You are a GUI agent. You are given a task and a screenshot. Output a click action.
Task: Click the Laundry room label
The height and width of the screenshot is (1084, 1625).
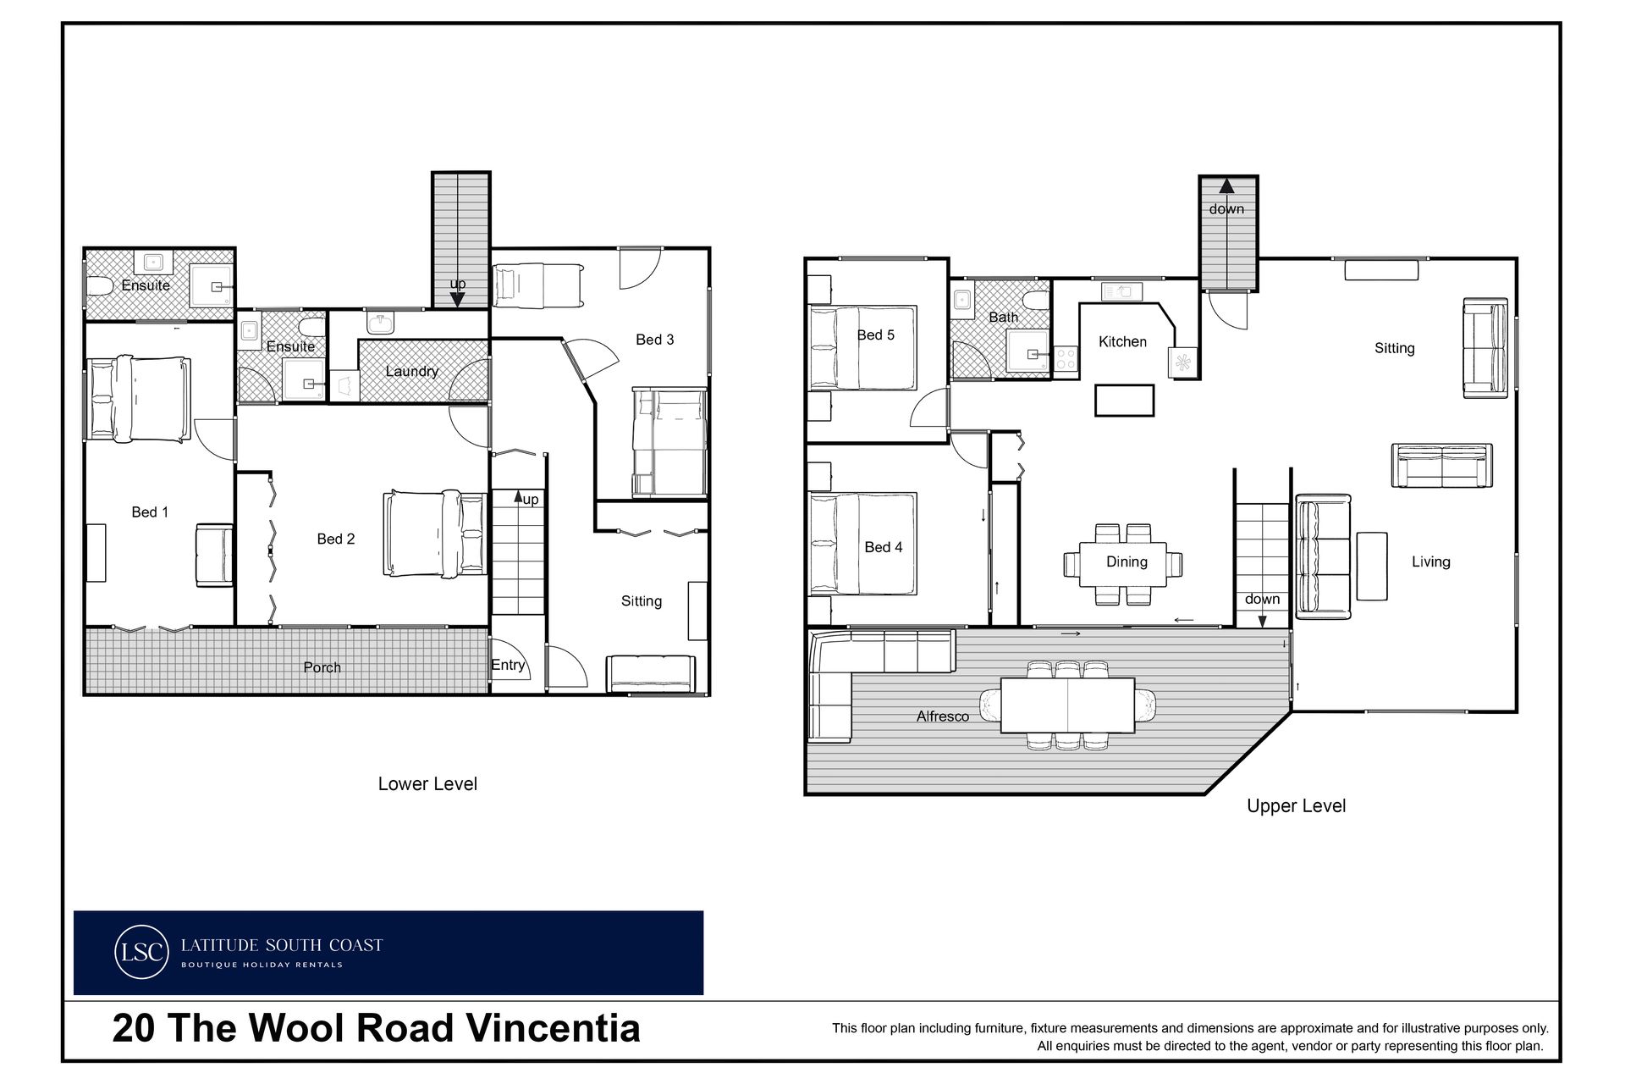(x=411, y=371)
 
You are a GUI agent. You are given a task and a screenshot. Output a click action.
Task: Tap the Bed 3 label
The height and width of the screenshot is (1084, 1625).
(x=654, y=340)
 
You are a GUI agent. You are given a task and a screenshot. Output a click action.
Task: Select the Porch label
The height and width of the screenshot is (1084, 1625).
(x=322, y=667)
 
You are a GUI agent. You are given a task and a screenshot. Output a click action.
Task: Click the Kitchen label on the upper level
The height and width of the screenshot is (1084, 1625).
(x=1122, y=341)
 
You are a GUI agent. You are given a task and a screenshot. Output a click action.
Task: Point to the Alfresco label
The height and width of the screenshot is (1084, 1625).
(x=942, y=716)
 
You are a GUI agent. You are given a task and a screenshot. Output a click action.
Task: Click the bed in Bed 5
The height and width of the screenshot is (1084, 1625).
(x=863, y=348)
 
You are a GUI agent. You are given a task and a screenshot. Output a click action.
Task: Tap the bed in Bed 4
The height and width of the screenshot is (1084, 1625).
(x=863, y=544)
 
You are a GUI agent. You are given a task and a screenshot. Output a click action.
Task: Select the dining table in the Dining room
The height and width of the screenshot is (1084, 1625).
(x=1122, y=564)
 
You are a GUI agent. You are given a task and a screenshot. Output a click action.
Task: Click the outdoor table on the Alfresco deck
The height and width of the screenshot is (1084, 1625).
(x=1067, y=705)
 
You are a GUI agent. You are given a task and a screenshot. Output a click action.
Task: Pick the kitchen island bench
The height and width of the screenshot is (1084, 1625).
(x=1124, y=400)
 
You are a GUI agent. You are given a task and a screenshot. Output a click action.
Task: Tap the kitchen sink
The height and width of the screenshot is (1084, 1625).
(x=1121, y=291)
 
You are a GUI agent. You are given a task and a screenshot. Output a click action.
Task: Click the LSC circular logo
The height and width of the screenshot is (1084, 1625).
(x=140, y=952)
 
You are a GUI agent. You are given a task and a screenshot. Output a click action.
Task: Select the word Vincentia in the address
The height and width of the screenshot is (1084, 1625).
(x=554, y=1028)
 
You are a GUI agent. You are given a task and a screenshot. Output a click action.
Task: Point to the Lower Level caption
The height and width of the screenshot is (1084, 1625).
(x=427, y=784)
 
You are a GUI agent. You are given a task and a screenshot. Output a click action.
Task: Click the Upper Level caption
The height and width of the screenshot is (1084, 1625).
(x=1296, y=806)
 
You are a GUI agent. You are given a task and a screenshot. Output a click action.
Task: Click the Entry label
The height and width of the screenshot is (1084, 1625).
(x=508, y=666)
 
